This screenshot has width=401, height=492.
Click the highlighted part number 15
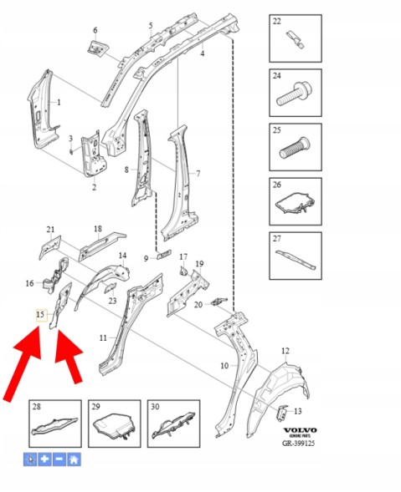pos(40,314)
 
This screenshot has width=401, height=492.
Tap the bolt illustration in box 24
pos(293,94)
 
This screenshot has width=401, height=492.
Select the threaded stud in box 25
pos(295,149)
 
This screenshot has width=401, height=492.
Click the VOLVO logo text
pos(301,430)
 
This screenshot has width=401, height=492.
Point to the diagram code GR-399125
pos(298,443)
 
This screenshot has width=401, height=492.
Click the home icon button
pos(74,459)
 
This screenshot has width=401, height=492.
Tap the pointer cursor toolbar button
pos(30,459)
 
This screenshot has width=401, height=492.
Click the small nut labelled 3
pos(71,151)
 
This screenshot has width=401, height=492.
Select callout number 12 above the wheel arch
pos(285,351)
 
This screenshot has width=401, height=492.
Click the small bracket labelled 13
pos(282,413)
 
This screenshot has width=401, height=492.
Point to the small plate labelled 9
pos(163,255)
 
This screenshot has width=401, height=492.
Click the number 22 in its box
pos(277,22)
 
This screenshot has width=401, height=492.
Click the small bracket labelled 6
pos(97,48)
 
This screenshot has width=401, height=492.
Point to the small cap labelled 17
pos(183,271)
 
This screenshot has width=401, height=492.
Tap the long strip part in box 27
pos(296,259)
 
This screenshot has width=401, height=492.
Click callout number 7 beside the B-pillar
pos(198,173)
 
